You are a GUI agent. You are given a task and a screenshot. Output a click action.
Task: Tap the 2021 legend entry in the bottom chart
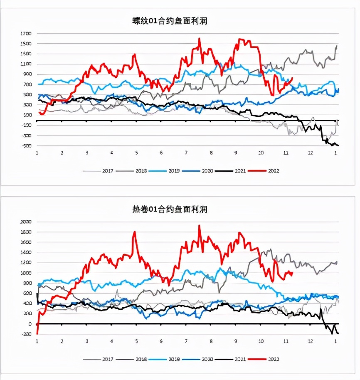235,359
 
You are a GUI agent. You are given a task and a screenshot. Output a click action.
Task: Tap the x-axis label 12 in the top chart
310,153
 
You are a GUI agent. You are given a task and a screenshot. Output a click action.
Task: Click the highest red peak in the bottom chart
199,226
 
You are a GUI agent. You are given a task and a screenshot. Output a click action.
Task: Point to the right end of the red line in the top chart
293,78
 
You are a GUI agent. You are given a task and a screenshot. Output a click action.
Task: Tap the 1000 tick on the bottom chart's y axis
26,273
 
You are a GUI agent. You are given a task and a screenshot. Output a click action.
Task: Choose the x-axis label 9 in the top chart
236,153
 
